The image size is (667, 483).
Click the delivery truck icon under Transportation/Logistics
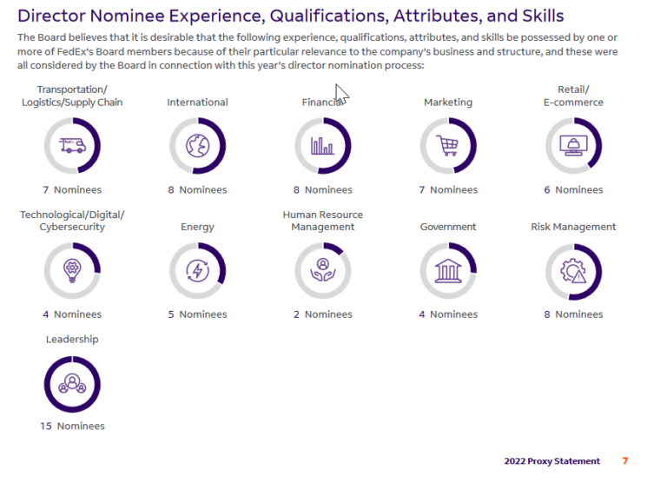[72, 145]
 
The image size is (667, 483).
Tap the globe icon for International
[197, 145]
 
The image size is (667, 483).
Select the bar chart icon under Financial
[322, 145]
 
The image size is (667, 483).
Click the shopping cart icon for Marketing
[448, 145]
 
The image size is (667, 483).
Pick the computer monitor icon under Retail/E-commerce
[573, 145]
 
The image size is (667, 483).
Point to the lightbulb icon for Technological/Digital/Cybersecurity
[72, 270]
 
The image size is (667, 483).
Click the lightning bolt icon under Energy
[197, 270]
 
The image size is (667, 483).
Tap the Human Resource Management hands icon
[322, 270]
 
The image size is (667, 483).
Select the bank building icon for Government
[448, 270]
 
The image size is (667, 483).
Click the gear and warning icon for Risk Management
[573, 271]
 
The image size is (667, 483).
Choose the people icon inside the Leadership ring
[72, 383]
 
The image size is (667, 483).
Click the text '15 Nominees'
[72, 426]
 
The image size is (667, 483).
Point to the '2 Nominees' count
[322, 314]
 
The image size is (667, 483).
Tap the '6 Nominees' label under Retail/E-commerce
[573, 189]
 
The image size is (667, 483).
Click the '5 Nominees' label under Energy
[197, 314]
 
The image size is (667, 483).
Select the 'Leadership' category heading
[72, 339]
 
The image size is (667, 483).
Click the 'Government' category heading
[448, 227]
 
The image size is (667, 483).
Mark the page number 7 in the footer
[625, 460]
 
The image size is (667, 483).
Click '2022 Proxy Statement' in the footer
[551, 460]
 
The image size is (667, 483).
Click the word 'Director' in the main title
[54, 16]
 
